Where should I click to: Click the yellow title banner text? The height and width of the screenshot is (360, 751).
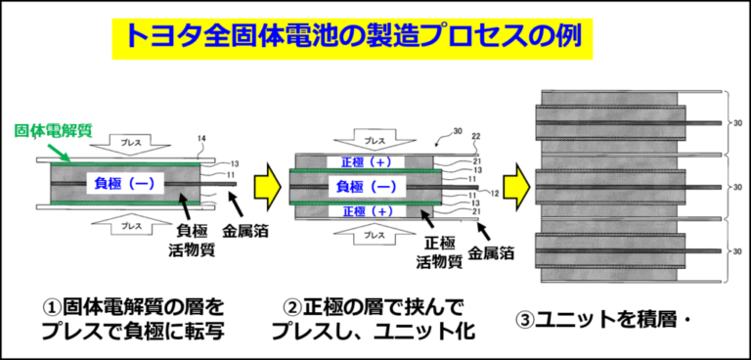tap(353, 39)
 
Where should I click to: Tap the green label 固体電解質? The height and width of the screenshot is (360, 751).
tap(53, 131)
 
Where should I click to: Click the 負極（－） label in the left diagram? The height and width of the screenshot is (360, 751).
tap(124, 184)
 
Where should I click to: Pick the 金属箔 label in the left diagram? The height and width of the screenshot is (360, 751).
tap(245, 232)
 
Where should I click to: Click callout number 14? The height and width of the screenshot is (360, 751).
tap(201, 140)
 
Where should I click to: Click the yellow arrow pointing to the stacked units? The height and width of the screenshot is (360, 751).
tap(516, 186)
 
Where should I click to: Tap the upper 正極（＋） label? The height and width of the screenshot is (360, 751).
tap(366, 162)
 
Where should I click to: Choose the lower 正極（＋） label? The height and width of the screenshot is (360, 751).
tap(366, 210)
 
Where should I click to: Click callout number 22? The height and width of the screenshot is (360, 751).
tap(476, 137)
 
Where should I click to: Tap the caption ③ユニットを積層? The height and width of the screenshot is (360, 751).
tap(598, 320)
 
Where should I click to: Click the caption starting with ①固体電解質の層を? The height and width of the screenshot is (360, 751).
tap(133, 320)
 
